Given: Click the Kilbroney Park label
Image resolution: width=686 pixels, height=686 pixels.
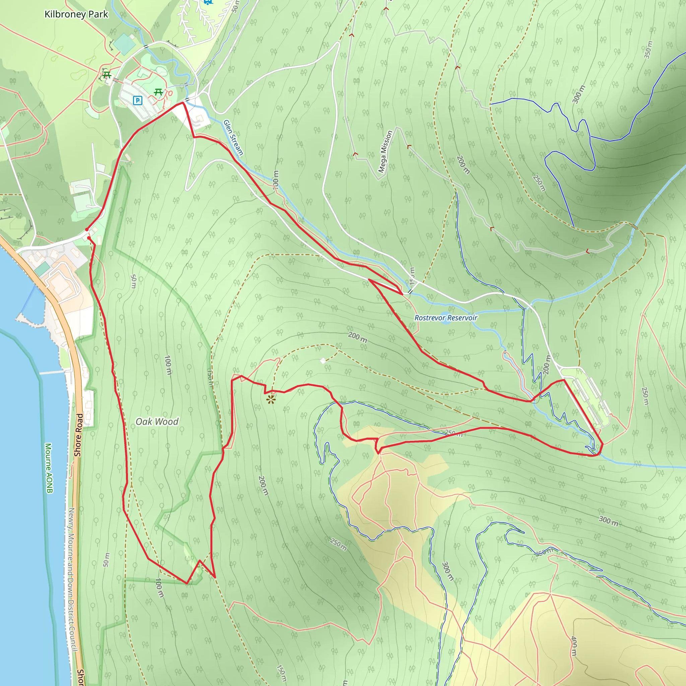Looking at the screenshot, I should tap(76, 14).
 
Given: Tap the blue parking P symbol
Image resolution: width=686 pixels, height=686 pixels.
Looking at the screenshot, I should tap(137, 100).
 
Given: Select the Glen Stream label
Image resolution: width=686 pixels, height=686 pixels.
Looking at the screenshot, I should tap(233, 138).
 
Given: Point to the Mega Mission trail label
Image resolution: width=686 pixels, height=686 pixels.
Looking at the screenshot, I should tap(385, 152).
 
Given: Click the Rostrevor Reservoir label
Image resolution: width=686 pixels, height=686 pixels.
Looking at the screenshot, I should tap(445, 318).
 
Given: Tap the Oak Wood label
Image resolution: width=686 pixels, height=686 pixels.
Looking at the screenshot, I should tap(157, 421).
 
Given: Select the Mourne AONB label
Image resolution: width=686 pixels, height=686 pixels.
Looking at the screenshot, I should tap(49, 468).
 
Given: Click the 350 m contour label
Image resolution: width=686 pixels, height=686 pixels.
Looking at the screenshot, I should tap(648, 50).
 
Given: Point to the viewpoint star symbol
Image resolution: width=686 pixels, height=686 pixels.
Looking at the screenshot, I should tap(271, 400).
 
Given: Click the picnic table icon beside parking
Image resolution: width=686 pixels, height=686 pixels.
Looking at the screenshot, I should tap(158, 92).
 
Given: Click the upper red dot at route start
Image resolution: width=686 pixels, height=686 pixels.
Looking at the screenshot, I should tap(87, 229).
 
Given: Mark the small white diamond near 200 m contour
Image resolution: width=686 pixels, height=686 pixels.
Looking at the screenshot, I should tap(323, 361).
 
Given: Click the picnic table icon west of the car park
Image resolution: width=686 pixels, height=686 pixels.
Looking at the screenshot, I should tap(106, 75).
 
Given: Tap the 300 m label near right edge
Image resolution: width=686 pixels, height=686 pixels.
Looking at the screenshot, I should tap(609, 521).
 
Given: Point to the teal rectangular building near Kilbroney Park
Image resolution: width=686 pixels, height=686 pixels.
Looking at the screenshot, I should tap(124, 44).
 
